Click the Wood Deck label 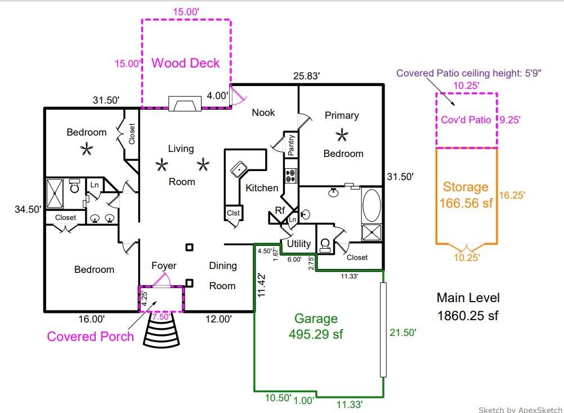tap(185, 63)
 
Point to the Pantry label tap(291, 145)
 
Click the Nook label tap(263, 113)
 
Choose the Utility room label tap(298, 244)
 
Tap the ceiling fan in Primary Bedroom tap(342, 136)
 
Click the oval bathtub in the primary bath tap(371, 205)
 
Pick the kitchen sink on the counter tap(239, 169)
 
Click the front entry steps tap(161, 330)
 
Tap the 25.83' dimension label tap(306, 76)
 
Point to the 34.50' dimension tap(28, 209)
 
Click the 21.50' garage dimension tap(402, 333)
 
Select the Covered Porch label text tap(90, 336)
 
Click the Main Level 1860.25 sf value tap(468, 316)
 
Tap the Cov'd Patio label tap(466, 120)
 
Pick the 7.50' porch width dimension tap(161, 317)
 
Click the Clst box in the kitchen tap(233, 213)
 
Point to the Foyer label tap(164, 266)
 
